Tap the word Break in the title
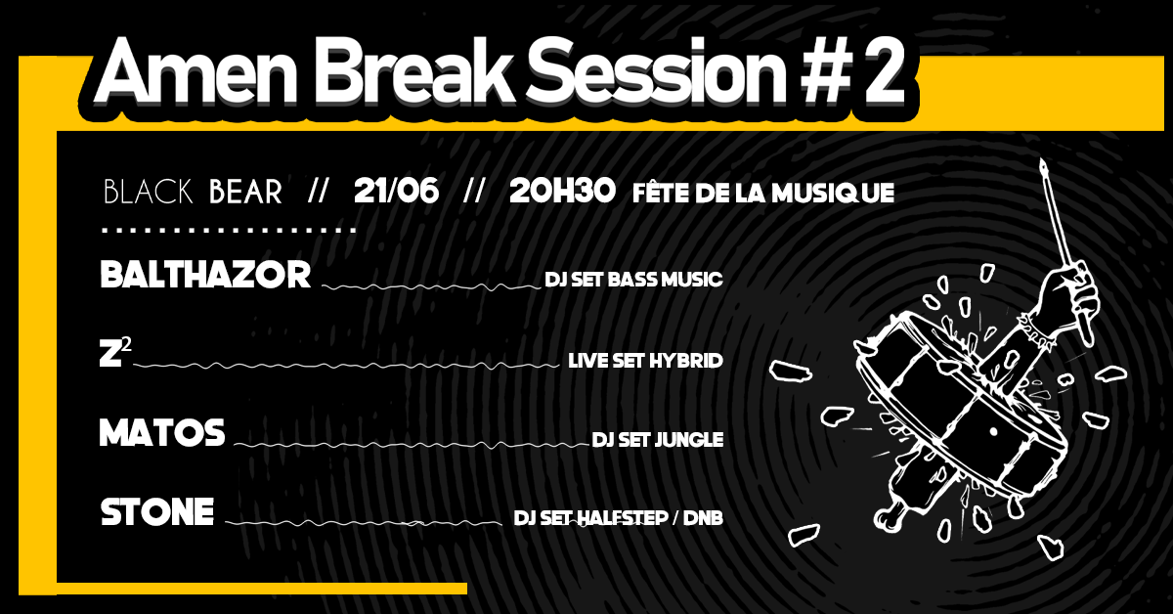click(x=412, y=70)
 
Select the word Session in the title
click(x=656, y=71)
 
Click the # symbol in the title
click(x=827, y=71)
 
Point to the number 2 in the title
click(x=885, y=71)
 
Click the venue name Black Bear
click(x=193, y=192)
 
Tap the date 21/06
click(x=396, y=191)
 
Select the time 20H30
click(x=562, y=191)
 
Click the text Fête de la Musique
click(x=763, y=193)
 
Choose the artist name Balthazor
click(x=205, y=275)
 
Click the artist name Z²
click(x=115, y=352)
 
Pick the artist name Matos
click(x=162, y=433)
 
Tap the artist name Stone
click(x=157, y=512)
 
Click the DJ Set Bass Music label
click(x=633, y=280)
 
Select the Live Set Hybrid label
click(x=646, y=361)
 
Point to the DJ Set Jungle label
click(x=658, y=440)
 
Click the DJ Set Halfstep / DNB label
click(x=619, y=518)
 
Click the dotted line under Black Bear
click(x=230, y=230)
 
